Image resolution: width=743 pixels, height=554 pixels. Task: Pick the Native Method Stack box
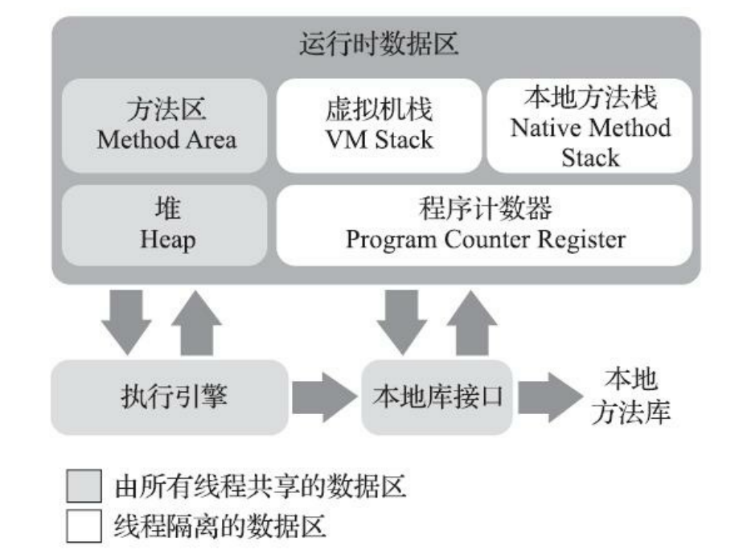pos(589,125)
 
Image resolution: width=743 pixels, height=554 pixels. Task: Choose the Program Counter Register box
pos(485,225)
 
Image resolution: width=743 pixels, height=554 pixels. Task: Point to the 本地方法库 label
pos(630,396)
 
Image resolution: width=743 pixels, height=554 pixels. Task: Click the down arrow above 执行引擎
pos(125,321)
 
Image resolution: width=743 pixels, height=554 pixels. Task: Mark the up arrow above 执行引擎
pos(197,321)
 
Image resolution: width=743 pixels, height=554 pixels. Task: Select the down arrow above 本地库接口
pos(401,321)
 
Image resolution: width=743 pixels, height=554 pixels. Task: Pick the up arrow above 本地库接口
pos(472,321)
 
